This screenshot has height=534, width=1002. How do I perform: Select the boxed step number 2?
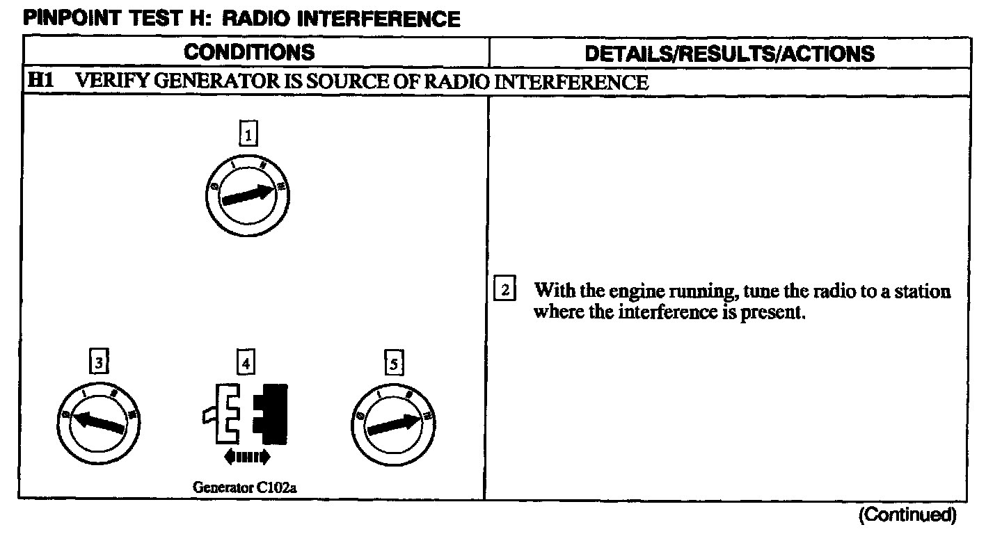pos(504,289)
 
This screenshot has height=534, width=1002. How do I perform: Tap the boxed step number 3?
pos(100,362)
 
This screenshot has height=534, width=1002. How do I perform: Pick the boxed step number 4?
pos(246,362)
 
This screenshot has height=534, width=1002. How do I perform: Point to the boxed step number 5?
pos(394,363)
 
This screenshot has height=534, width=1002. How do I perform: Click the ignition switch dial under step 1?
pos(247,195)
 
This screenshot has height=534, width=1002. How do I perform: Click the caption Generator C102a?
pos(245,487)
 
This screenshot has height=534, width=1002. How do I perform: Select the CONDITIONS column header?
pos(249,52)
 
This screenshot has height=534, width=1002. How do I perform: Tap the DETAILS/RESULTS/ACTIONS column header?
pos(729,54)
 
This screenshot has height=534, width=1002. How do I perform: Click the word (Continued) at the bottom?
pos(907,515)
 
